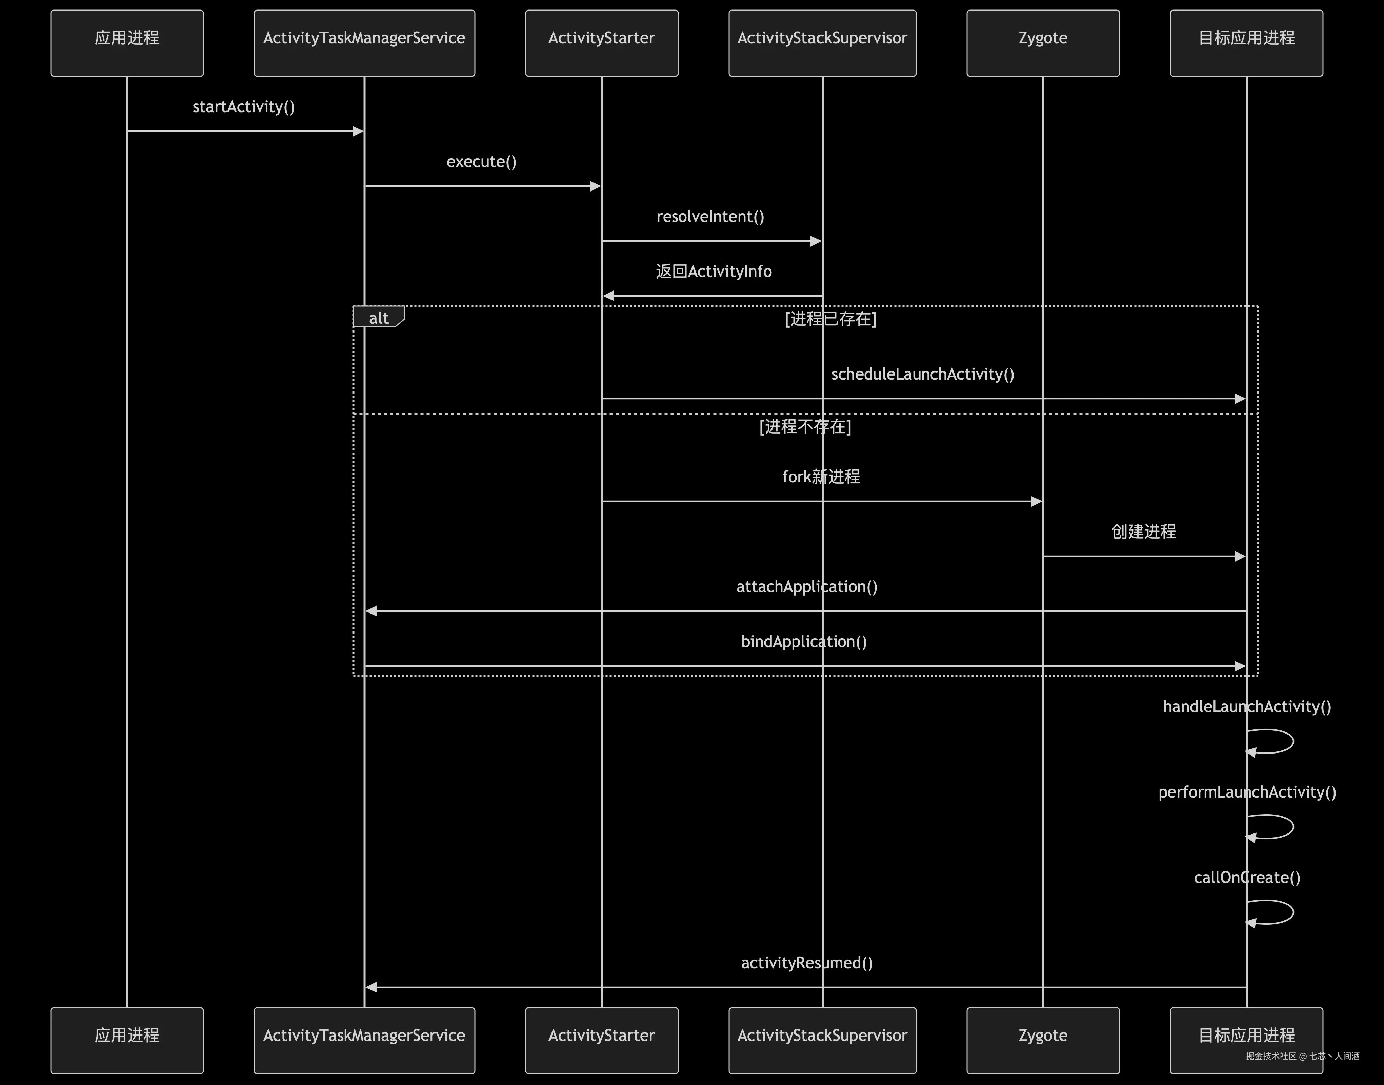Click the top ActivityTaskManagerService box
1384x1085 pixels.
(364, 43)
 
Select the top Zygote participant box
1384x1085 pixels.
(1042, 43)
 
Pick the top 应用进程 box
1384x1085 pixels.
(127, 43)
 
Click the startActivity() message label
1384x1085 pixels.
(243, 107)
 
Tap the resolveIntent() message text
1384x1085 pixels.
(710, 217)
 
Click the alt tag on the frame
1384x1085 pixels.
(379, 318)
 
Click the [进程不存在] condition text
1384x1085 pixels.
(805, 426)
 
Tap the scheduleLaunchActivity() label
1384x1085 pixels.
(922, 374)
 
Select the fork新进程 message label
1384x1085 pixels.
(821, 477)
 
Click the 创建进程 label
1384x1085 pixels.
(1143, 531)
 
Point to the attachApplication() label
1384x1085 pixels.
(807, 586)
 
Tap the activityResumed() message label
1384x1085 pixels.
(807, 963)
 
